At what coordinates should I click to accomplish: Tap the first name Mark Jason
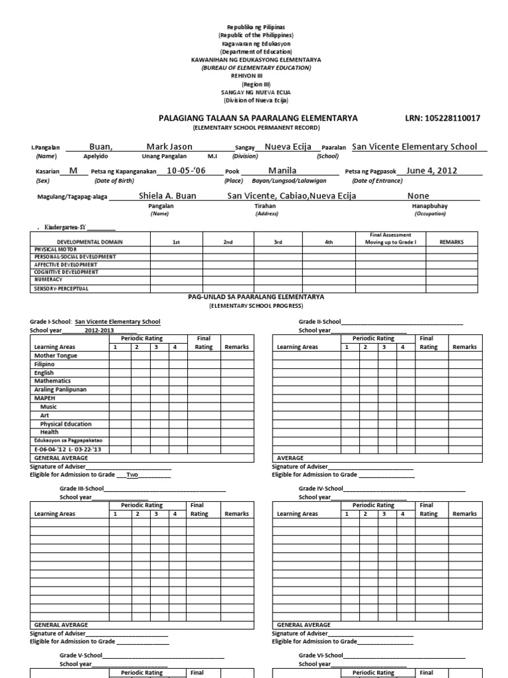(x=169, y=146)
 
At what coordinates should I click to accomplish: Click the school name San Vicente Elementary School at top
(x=414, y=146)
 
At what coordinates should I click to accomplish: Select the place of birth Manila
(x=282, y=171)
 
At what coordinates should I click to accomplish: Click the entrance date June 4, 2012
(x=431, y=171)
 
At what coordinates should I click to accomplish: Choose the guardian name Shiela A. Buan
(x=167, y=195)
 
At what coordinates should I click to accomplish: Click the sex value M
(x=73, y=171)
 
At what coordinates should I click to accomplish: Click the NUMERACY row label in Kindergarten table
(x=48, y=279)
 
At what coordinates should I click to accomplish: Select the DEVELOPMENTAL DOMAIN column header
(x=89, y=242)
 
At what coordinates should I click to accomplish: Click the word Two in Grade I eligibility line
(x=132, y=475)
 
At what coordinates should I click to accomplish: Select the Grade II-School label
(x=319, y=322)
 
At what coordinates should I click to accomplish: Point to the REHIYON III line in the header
(x=255, y=76)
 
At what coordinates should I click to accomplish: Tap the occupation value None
(x=418, y=195)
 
